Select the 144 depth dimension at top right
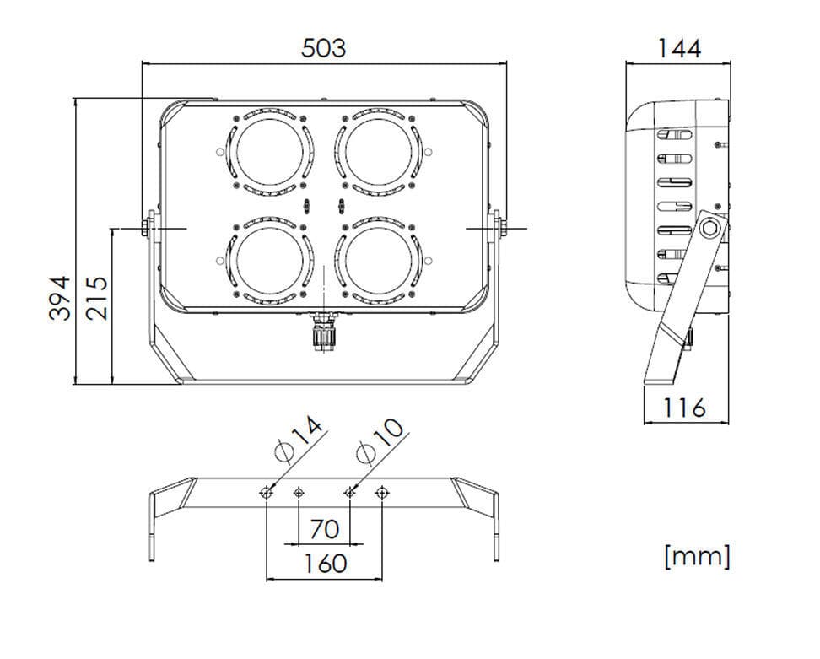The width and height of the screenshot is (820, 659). coord(678,48)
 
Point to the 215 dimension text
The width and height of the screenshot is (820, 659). coord(98,297)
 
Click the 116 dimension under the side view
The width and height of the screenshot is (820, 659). coord(683,408)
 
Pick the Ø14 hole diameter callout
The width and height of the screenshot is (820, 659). coord(299,440)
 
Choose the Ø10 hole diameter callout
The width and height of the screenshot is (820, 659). coord(380,440)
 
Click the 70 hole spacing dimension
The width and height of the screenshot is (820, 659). coord(324,530)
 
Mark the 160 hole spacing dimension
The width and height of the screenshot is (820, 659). coord(324,563)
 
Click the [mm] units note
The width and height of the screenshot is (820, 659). coord(697,556)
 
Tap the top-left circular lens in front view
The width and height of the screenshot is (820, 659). coord(269,151)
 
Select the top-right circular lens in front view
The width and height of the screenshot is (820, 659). coord(377,151)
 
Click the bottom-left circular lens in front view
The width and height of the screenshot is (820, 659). coord(269,260)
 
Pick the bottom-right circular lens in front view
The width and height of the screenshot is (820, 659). coord(377,260)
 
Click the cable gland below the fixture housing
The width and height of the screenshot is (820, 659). coord(324,332)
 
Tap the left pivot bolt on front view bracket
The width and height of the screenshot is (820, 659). coord(148,227)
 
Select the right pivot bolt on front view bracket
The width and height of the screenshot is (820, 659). coord(499,227)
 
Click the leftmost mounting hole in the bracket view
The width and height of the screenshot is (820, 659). coord(267,492)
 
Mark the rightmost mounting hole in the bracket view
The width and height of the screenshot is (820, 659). coord(382,492)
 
